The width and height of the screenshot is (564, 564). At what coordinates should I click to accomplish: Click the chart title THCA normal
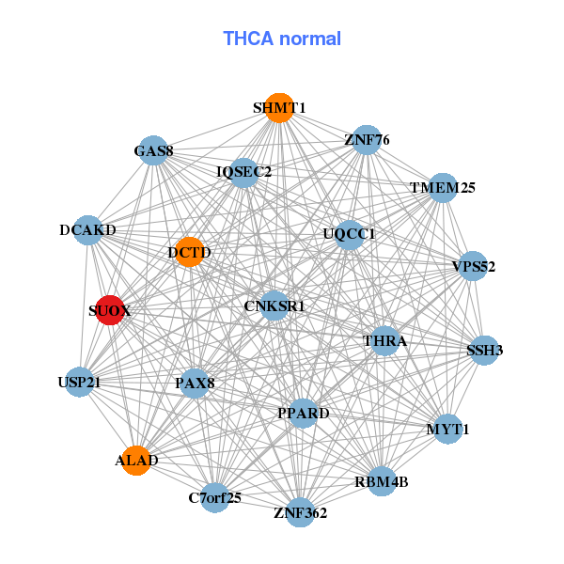(x=282, y=39)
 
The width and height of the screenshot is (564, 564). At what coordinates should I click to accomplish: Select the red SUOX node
(x=110, y=311)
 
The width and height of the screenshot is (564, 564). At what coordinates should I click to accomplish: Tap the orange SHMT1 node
(x=278, y=107)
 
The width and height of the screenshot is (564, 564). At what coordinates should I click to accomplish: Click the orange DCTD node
(x=189, y=252)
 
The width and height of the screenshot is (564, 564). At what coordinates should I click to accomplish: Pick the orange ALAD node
(x=136, y=460)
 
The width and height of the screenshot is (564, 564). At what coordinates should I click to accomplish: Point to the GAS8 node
(x=153, y=150)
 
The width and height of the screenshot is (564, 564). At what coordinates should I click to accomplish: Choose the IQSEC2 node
(x=243, y=172)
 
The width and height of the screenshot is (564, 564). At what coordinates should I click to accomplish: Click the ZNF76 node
(x=366, y=141)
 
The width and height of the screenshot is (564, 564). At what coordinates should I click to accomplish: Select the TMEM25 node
(x=442, y=187)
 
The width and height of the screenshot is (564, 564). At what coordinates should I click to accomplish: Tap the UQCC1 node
(x=349, y=234)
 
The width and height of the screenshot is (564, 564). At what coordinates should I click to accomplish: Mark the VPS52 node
(x=473, y=266)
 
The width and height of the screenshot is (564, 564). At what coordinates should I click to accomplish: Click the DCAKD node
(x=87, y=230)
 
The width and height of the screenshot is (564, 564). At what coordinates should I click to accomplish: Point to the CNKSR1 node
(x=274, y=305)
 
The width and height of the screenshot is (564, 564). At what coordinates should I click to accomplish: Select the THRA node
(x=384, y=340)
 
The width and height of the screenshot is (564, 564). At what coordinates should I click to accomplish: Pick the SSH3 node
(x=484, y=351)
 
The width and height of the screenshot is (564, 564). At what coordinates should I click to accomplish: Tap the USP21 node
(x=79, y=382)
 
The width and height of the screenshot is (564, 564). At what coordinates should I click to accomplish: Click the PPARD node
(x=303, y=413)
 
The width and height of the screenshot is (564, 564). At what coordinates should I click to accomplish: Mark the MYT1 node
(x=447, y=430)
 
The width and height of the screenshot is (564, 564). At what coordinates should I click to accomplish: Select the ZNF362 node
(x=300, y=512)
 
